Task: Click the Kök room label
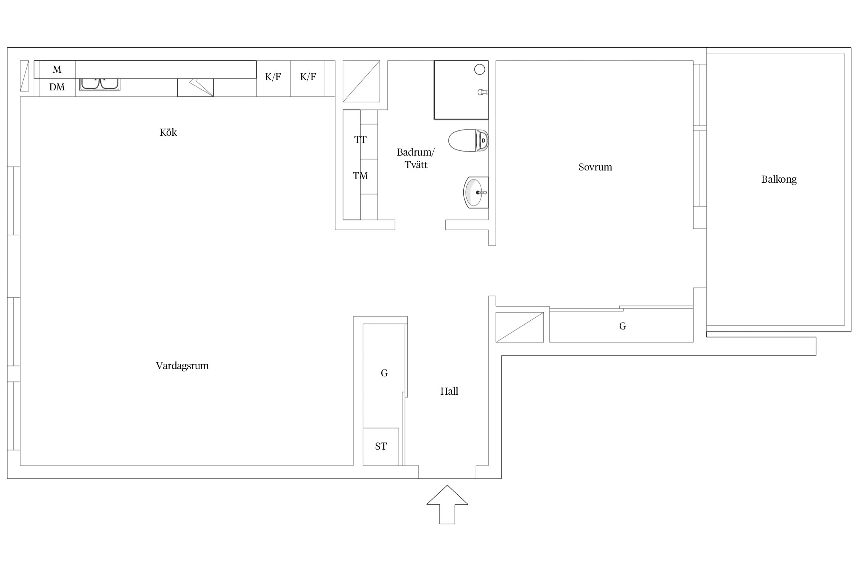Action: pyautogui.click(x=168, y=132)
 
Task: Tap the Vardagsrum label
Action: pyautogui.click(x=182, y=366)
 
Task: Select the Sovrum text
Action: pyautogui.click(x=595, y=167)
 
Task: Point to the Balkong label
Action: pyautogui.click(x=779, y=180)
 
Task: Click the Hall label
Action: pyautogui.click(x=449, y=391)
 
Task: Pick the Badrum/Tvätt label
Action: pyautogui.click(x=416, y=158)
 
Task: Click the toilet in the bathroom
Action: pyautogui.click(x=468, y=140)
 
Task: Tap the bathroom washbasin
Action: pyautogui.click(x=476, y=193)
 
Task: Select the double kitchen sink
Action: pyautogui.click(x=100, y=84)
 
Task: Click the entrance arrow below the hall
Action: pyautogui.click(x=447, y=505)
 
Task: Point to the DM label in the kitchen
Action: pyautogui.click(x=57, y=87)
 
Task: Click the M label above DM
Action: pyautogui.click(x=57, y=69)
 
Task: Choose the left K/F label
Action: pyautogui.click(x=273, y=77)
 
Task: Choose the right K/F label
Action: pyautogui.click(x=308, y=77)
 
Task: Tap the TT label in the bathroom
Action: pyautogui.click(x=360, y=140)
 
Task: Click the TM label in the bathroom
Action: pyautogui.click(x=360, y=176)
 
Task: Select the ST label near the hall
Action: pyautogui.click(x=381, y=446)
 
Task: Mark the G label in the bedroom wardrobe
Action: pyautogui.click(x=623, y=326)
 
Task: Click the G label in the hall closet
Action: pyautogui.click(x=384, y=373)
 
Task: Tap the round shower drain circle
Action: pyautogui.click(x=480, y=69)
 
